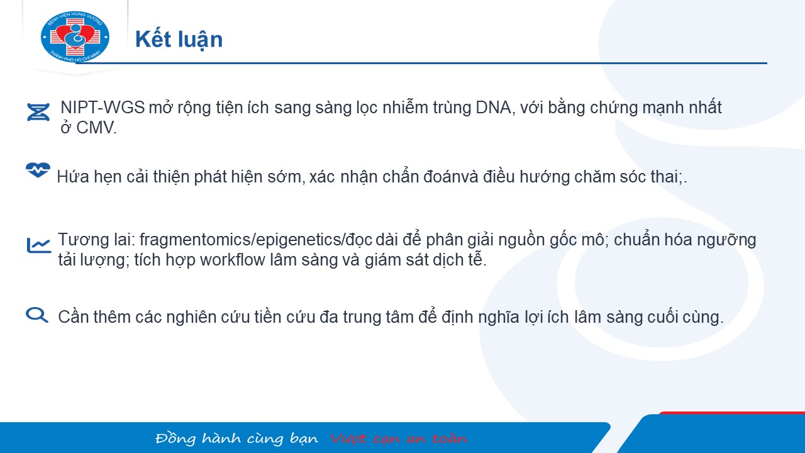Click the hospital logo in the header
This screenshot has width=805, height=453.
click(x=75, y=36)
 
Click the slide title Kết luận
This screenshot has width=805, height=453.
click(x=179, y=40)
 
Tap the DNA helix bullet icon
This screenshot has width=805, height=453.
click(x=38, y=112)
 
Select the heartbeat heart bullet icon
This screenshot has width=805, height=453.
click(x=38, y=170)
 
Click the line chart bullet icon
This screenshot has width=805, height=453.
click(x=39, y=245)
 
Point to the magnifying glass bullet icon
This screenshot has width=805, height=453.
click(x=37, y=315)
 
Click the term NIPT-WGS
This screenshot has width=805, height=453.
click(x=103, y=108)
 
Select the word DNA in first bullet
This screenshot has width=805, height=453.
click(x=493, y=108)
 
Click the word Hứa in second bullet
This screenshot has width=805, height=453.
click(x=73, y=177)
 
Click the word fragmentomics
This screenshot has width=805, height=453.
click(x=196, y=240)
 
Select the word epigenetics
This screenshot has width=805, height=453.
click(x=299, y=240)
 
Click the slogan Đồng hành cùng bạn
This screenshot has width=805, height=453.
click(x=237, y=439)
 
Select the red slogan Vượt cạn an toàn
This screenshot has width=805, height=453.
click(x=399, y=439)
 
